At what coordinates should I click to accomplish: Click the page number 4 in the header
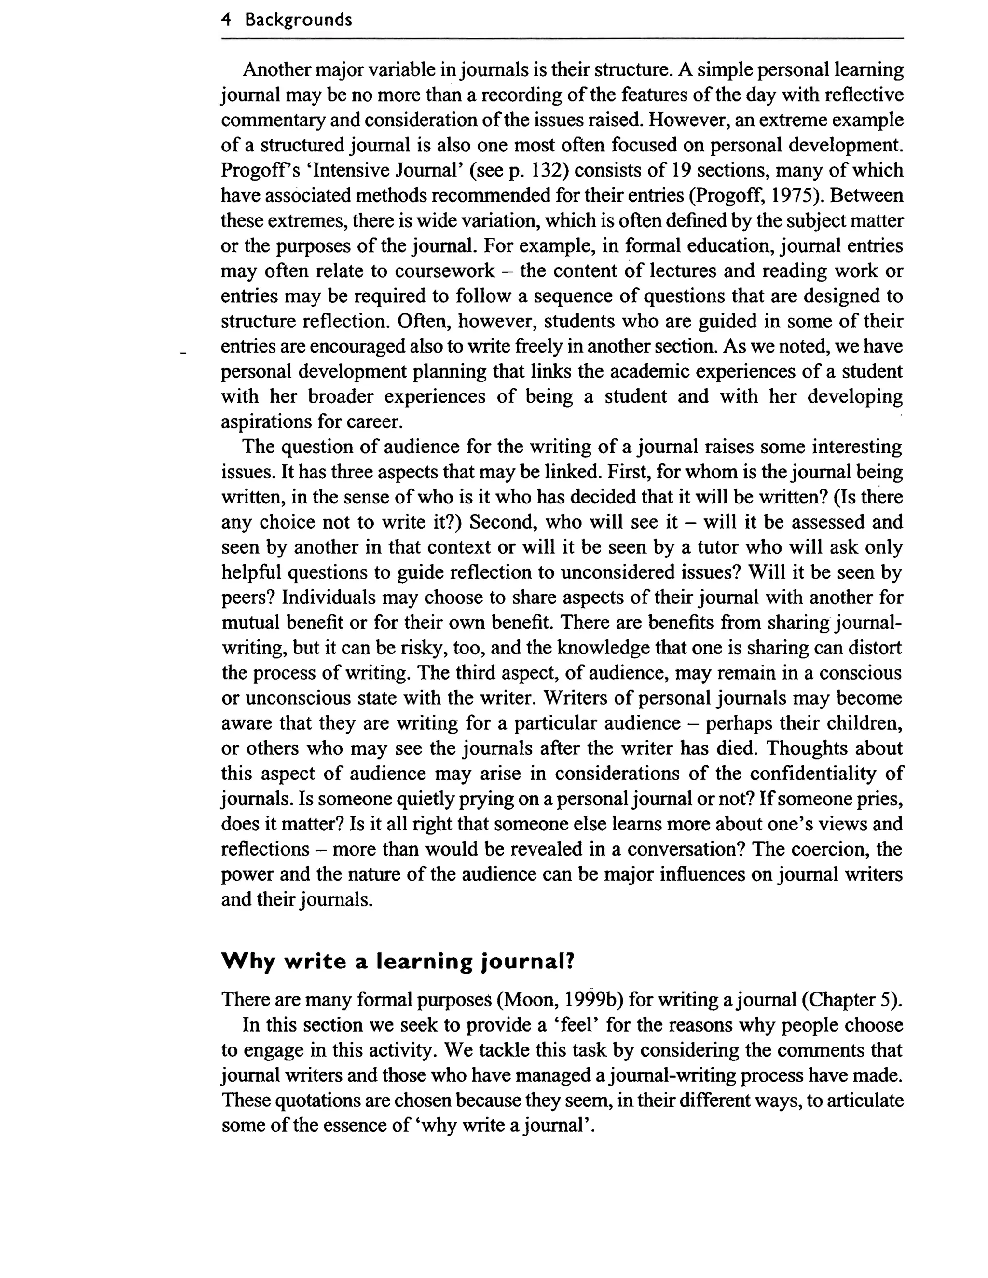(226, 20)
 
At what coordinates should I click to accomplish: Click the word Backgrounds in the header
(298, 20)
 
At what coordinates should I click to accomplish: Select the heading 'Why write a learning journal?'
(398, 962)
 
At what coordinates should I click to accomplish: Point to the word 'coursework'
(444, 272)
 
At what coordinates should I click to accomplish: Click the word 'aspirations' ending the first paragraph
(266, 422)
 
